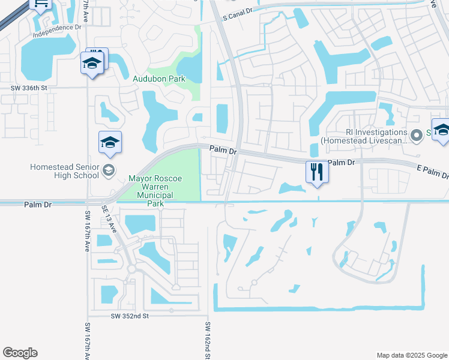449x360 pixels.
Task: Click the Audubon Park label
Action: point(158,78)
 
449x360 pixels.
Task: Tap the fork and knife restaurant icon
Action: point(316,172)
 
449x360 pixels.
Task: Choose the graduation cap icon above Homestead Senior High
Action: point(110,142)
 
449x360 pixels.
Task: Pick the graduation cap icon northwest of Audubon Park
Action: point(92,63)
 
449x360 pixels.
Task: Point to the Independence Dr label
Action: point(57,31)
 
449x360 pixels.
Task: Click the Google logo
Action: point(20,353)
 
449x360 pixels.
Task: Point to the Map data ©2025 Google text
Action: point(411,355)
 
